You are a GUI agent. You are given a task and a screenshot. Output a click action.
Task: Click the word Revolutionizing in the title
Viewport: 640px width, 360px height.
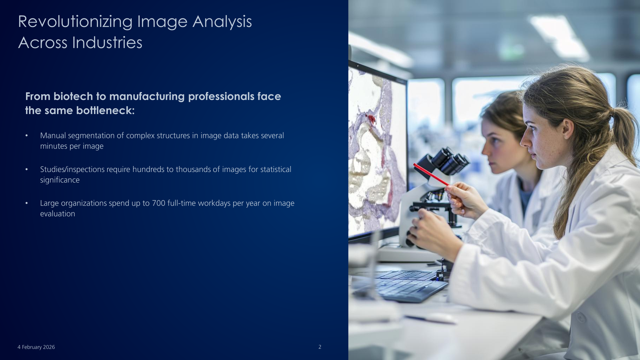(75, 22)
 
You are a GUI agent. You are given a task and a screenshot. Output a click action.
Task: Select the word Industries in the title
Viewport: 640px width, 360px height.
(107, 43)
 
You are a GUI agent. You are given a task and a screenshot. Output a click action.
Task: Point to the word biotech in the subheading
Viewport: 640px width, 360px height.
(73, 96)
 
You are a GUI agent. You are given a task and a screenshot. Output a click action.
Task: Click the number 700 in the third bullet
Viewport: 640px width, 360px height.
(159, 203)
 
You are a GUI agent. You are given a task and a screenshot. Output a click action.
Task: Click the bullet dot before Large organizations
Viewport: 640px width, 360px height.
(27, 203)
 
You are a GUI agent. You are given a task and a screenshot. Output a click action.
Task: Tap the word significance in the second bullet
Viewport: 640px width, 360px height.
(60, 180)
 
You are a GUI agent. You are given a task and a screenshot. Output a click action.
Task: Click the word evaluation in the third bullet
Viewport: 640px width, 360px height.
(58, 214)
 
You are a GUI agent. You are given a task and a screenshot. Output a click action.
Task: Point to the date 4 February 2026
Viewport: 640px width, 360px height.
(36, 347)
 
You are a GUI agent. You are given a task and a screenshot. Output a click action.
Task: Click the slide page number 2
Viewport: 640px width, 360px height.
(320, 347)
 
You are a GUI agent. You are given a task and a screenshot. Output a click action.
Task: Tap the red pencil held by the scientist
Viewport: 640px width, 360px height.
(431, 175)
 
